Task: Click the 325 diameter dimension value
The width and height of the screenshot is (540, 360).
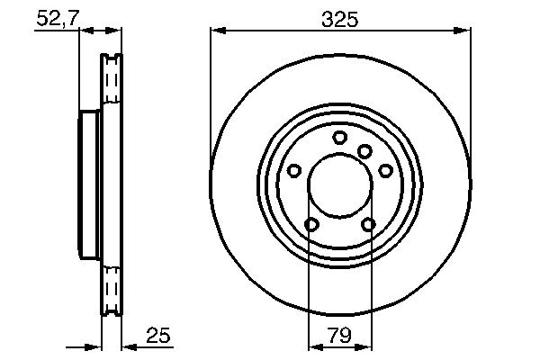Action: point(339,17)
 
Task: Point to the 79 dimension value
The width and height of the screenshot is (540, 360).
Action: point(338,336)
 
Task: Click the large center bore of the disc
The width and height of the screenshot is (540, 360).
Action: point(339,186)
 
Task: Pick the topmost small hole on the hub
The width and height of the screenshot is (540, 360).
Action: point(339,138)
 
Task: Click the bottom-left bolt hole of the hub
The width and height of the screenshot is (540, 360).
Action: point(310,225)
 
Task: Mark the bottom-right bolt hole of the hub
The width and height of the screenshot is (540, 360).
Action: point(368,225)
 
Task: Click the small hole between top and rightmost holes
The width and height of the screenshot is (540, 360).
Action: point(364,151)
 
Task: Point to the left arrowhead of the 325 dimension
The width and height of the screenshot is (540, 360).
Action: point(216,31)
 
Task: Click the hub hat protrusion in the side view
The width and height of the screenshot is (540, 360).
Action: point(88,186)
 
